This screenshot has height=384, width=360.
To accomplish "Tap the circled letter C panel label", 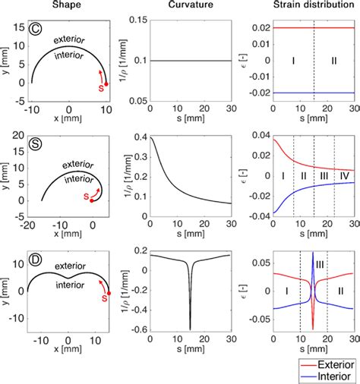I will pyautogui.click(x=36, y=33).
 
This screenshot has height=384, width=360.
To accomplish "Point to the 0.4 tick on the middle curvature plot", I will pyautogui.click(x=137, y=137).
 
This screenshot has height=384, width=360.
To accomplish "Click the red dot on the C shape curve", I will pyautogui.click(x=106, y=83).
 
